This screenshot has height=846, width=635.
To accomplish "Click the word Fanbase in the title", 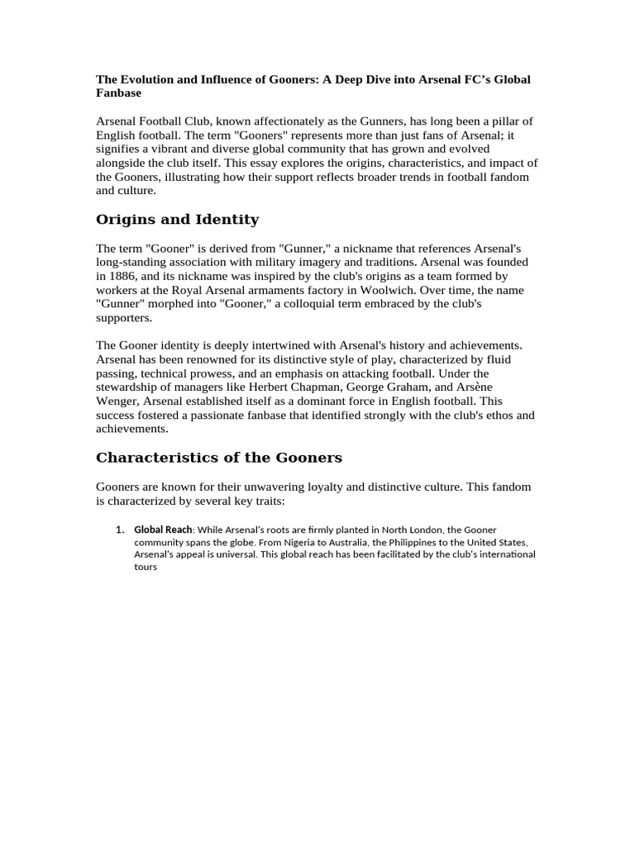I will tap(120, 93).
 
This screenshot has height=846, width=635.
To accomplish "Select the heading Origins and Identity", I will tap(177, 219).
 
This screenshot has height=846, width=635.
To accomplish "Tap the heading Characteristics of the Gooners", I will tap(218, 457).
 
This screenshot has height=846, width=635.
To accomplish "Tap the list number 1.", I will tap(119, 529).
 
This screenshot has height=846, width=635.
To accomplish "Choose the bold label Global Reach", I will tap(163, 529).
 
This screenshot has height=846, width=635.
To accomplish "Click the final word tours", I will tap(146, 568).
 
